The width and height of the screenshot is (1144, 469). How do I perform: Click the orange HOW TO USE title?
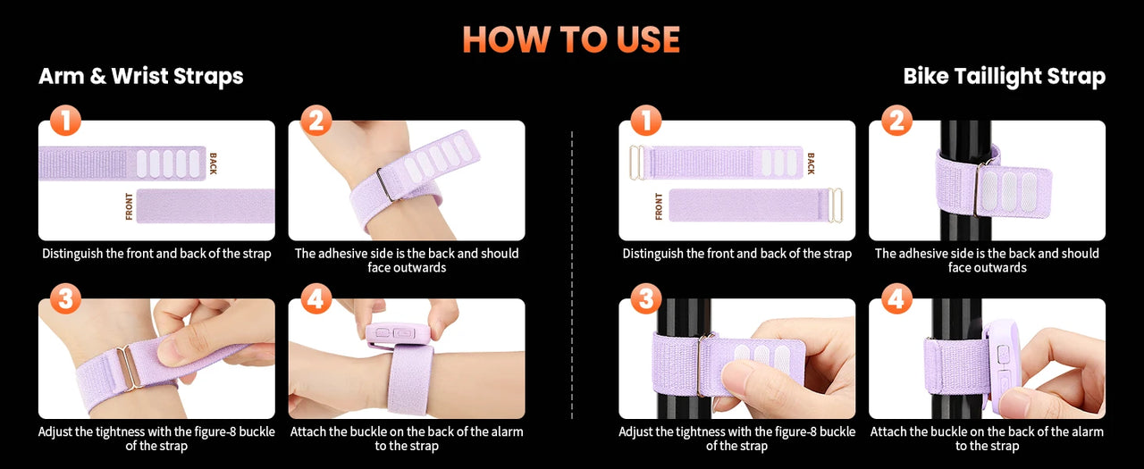tap(571, 39)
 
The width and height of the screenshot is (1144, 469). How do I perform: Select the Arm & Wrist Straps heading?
tap(141, 76)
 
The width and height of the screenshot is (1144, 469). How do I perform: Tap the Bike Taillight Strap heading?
tap(1004, 76)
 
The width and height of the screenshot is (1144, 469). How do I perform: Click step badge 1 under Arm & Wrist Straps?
tap(65, 121)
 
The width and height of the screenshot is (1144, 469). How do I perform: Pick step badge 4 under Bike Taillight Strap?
tap(896, 298)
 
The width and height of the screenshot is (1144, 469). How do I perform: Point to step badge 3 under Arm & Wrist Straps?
tap(65, 298)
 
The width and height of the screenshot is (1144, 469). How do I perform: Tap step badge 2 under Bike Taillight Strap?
tap(896, 121)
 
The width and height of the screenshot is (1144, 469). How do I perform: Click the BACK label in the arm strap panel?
tap(213, 163)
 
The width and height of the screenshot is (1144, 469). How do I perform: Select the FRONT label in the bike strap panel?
tap(659, 206)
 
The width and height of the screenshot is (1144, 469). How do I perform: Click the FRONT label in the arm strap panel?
tap(129, 206)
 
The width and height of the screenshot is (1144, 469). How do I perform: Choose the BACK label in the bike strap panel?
tap(811, 163)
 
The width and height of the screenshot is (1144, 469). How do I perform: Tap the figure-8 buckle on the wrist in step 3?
tap(128, 366)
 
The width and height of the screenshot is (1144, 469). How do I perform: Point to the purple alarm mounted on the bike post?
tap(1002, 360)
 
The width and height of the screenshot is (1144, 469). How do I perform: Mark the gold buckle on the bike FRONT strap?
tap(835, 205)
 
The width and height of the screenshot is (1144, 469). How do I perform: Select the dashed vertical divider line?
tap(572, 275)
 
